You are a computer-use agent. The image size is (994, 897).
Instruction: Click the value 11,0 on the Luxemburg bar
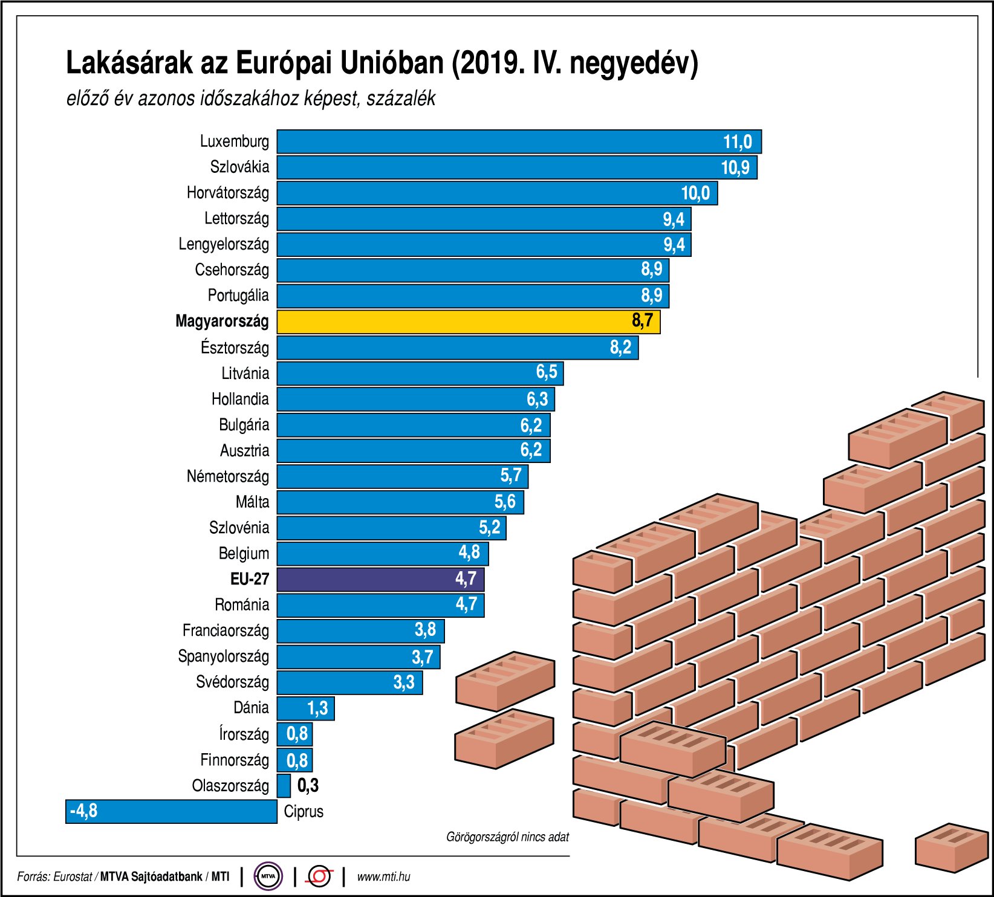pyautogui.click(x=737, y=142)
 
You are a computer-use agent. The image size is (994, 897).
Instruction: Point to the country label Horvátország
pyautogui.click(x=227, y=193)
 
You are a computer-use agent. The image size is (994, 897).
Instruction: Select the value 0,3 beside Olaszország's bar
pyautogui.click(x=308, y=786)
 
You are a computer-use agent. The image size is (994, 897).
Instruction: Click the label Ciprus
pyautogui.click(x=304, y=811)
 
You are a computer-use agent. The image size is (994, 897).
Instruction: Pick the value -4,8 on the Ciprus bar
pyautogui.click(x=83, y=811)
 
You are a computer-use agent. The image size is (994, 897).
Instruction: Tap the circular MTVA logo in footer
pyautogui.click(x=268, y=876)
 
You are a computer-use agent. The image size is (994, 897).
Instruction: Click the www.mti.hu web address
pyautogui.click(x=383, y=876)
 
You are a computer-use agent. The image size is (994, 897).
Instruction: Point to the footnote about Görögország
pyautogui.click(x=507, y=837)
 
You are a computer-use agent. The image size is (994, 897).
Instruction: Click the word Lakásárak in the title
pyautogui.click(x=129, y=63)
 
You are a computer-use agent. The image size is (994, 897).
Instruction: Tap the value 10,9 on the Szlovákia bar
pyautogui.click(x=735, y=167)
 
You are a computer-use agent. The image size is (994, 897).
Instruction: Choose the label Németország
pyautogui.click(x=227, y=476)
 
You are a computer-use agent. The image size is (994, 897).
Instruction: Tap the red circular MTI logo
pyautogui.click(x=319, y=876)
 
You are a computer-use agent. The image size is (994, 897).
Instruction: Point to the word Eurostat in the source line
pyautogui.click(x=73, y=876)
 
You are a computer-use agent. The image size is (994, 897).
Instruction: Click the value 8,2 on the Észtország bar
pyautogui.click(x=620, y=348)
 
